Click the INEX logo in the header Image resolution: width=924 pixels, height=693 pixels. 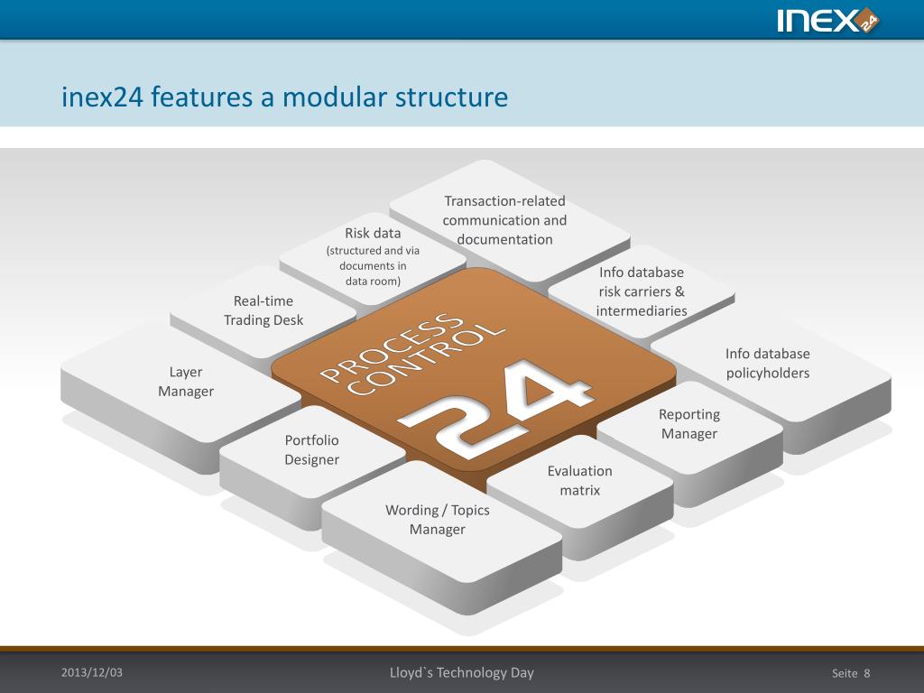tap(827, 20)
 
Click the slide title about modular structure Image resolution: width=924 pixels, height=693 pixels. tap(284, 97)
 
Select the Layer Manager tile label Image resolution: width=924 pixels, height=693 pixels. tap(186, 382)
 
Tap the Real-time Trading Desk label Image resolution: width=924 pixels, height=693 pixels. tap(263, 310)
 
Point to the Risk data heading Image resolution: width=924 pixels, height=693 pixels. tap(373, 233)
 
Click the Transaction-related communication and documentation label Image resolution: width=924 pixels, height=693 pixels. tap(504, 220)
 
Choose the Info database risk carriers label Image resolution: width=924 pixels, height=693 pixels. tap(642, 291)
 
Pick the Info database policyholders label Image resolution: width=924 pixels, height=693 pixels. tap(768, 364)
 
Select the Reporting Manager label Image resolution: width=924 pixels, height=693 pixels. tap(689, 424)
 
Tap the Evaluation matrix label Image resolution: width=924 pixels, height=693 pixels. tap(579, 481)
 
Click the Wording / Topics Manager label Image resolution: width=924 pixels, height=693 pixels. tap(438, 520)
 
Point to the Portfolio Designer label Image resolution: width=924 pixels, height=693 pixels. tap(312, 450)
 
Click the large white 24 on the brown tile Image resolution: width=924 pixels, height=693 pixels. tap(496, 402)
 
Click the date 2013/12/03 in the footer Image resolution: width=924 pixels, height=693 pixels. tap(91, 672)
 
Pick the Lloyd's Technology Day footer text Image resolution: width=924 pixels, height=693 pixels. tap(461, 672)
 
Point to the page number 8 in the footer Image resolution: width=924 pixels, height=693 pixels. tap(866, 673)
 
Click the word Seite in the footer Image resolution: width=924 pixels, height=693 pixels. tap(845, 673)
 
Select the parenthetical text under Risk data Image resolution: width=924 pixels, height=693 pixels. tap(373, 265)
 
